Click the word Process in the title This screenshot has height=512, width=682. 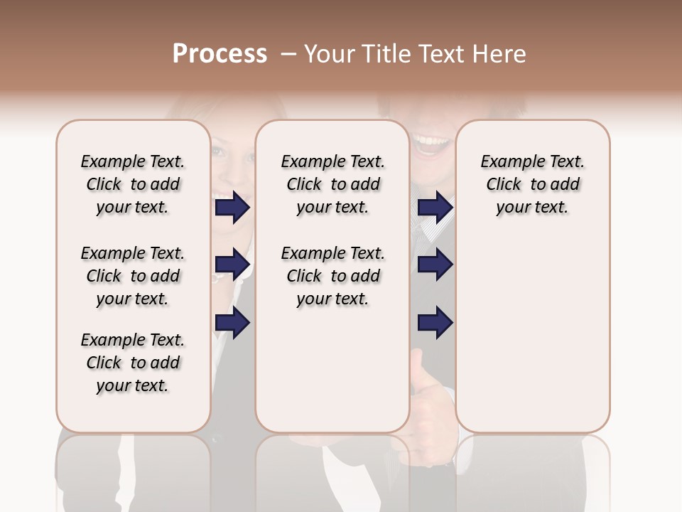coord(220,54)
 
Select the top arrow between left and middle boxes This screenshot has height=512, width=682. coord(232,208)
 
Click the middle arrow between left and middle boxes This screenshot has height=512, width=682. coord(232,265)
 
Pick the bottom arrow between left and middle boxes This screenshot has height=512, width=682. coord(232,324)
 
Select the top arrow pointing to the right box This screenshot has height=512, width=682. coord(435,208)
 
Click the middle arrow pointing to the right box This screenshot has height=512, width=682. coord(435,265)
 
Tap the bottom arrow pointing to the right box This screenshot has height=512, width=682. coord(435,324)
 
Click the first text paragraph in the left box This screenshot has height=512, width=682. coord(133,184)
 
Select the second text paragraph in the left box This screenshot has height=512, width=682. coord(133,276)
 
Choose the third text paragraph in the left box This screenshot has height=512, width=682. coord(133,363)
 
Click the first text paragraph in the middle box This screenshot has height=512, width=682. coord(332,184)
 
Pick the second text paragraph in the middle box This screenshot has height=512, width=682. coord(332,276)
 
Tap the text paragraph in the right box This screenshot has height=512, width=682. coord(532,184)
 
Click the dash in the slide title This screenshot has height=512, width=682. coord(288,54)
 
